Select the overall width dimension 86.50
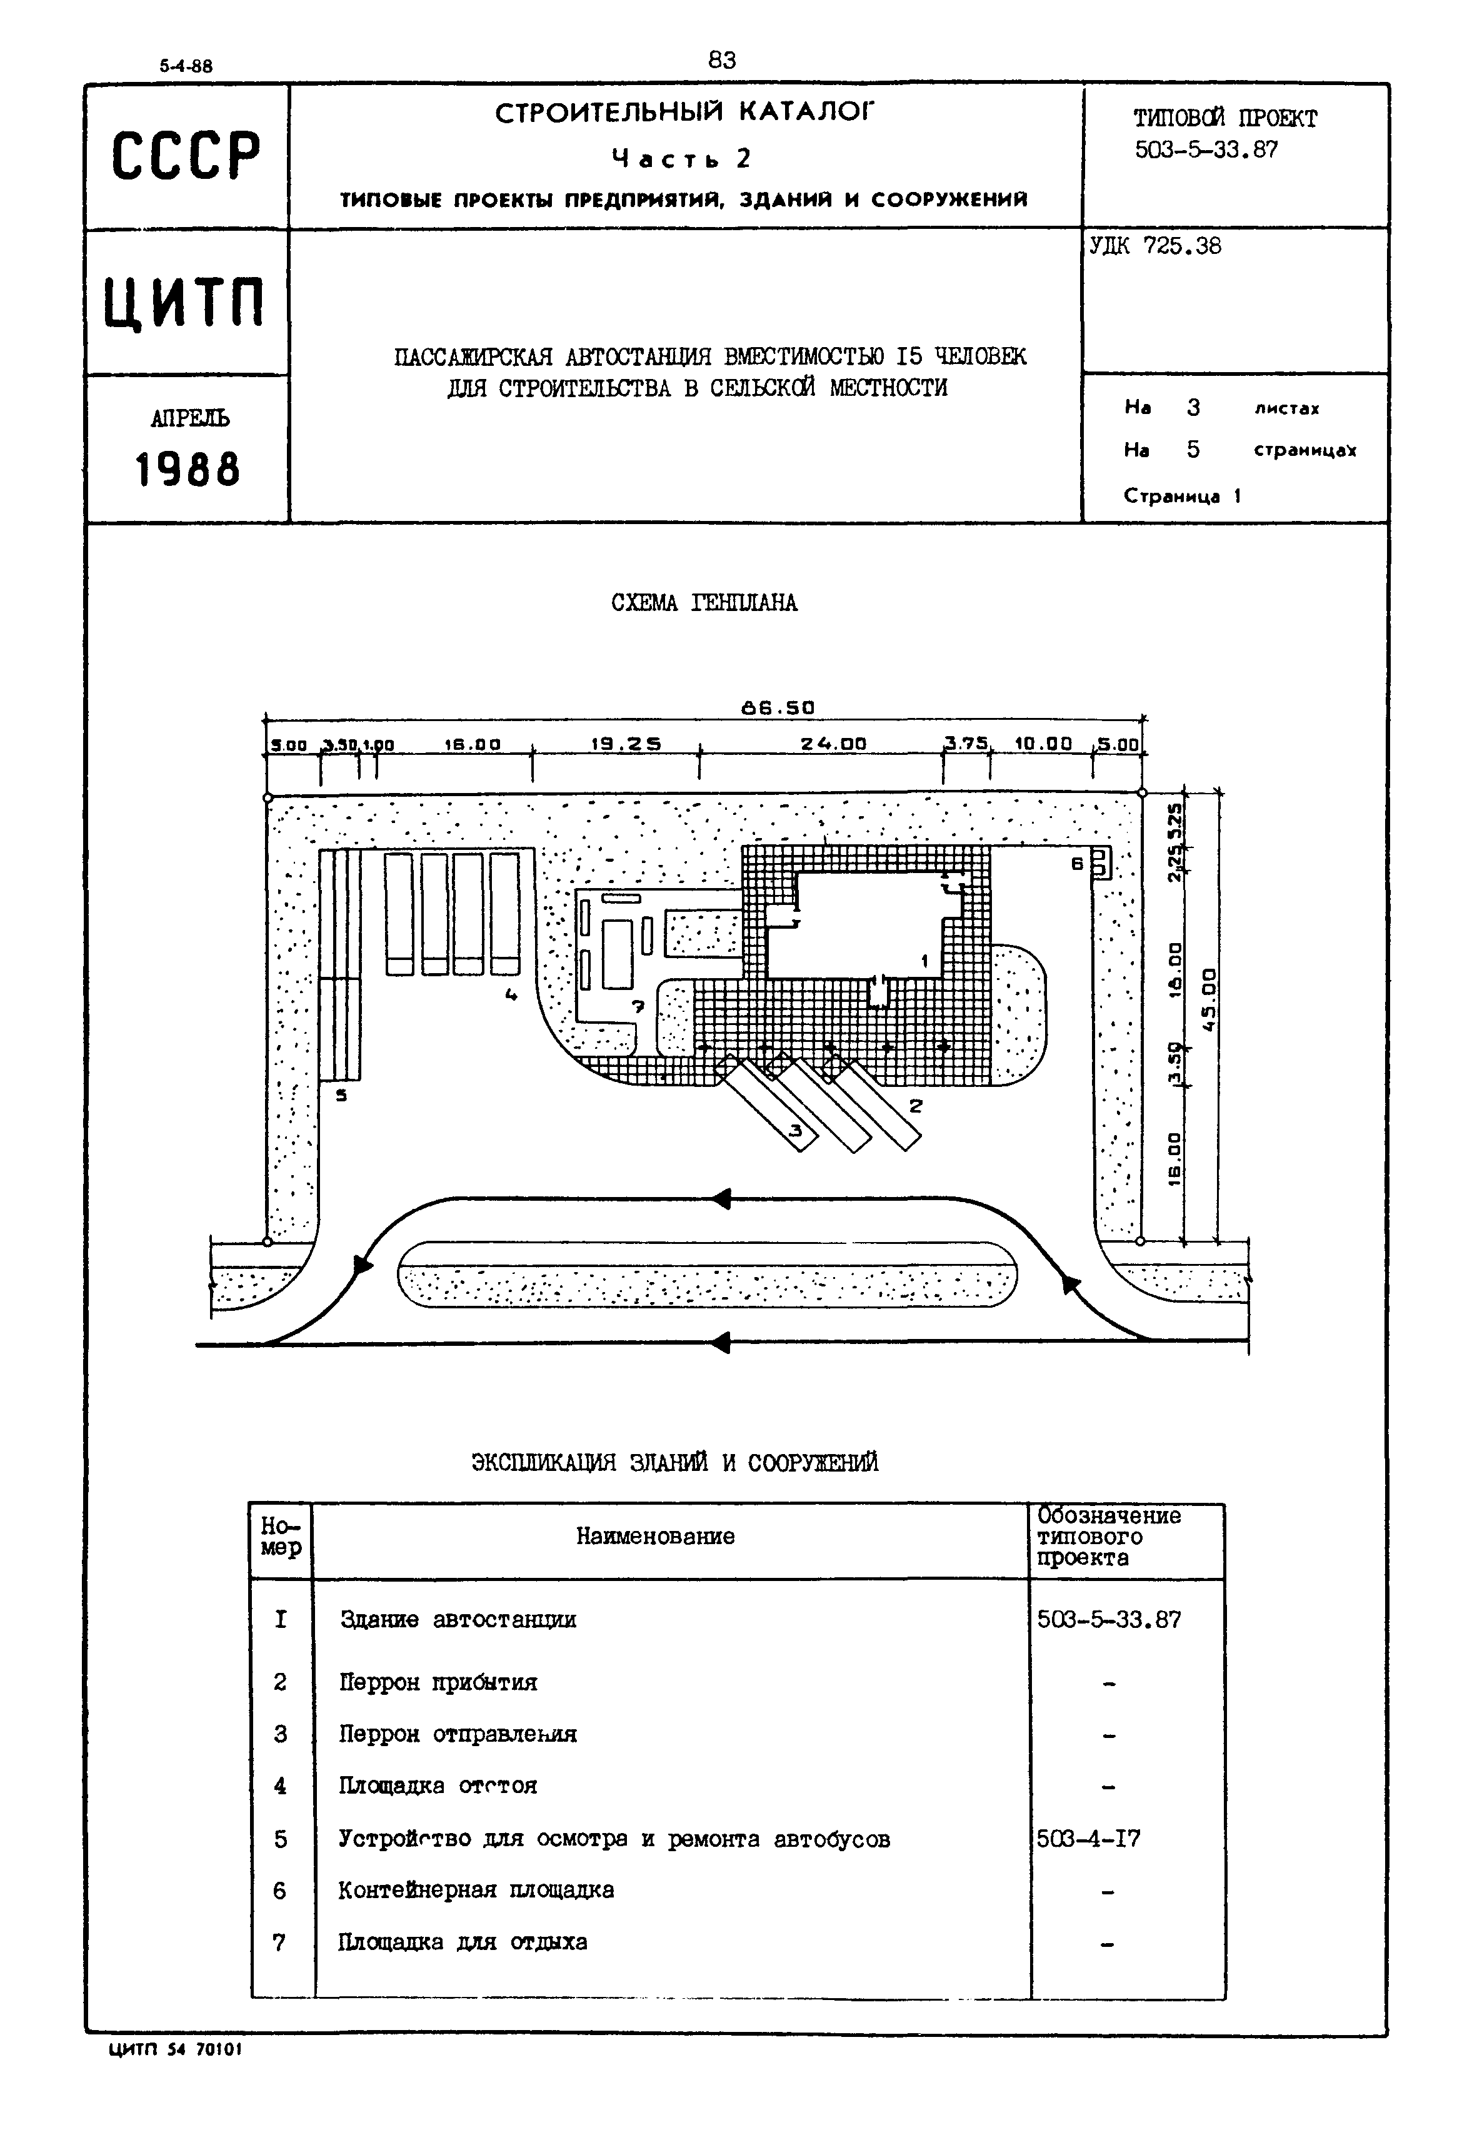(x=778, y=708)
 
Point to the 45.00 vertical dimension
(x=1209, y=1000)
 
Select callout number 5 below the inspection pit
(x=341, y=1096)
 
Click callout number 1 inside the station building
(x=924, y=962)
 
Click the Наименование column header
(x=655, y=1537)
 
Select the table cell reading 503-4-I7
(x=1088, y=1839)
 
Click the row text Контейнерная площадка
(x=476, y=1889)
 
